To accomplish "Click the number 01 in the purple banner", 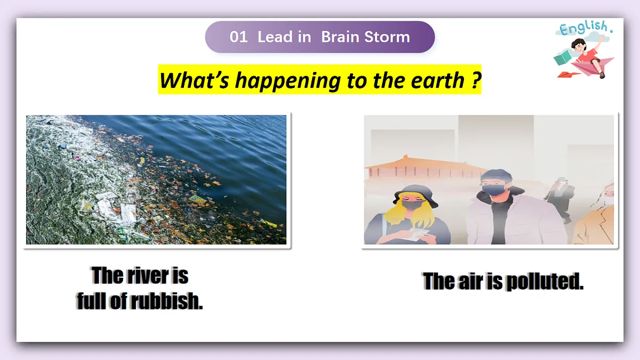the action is (238, 37).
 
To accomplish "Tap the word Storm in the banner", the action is (387, 37).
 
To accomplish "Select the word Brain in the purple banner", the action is (340, 37).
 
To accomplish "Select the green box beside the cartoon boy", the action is (562, 58).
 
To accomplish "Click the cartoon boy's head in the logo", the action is (578, 45).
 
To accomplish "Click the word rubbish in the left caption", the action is (166, 301).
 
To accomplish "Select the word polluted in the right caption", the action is (545, 282).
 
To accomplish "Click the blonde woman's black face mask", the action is (412, 204).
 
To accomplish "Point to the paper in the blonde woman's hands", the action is (417, 235).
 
